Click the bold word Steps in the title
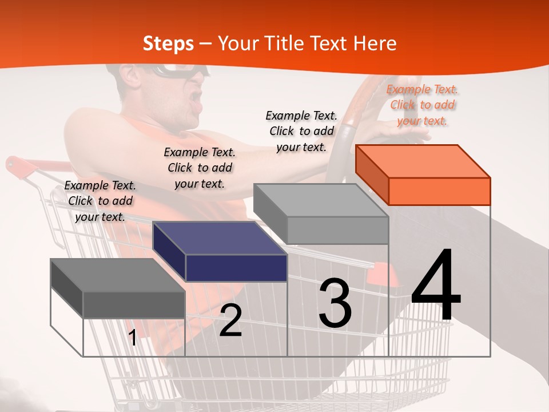point(168,43)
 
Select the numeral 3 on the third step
point(335,303)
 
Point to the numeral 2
point(230,320)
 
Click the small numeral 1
point(133,338)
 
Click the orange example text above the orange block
point(423,105)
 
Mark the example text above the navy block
point(200,168)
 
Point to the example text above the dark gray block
point(100,201)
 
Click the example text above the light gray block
point(301,131)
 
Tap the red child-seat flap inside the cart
point(380,275)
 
